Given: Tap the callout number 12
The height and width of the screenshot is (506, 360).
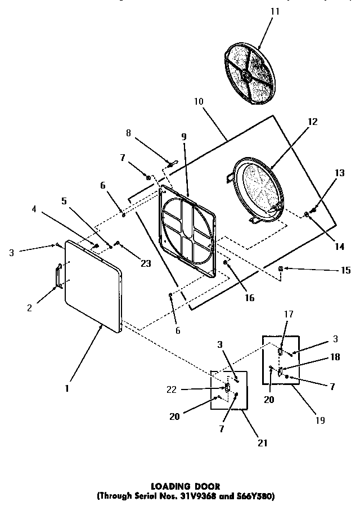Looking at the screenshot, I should [x=312, y=120].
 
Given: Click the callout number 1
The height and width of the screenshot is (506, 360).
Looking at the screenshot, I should [x=66, y=388].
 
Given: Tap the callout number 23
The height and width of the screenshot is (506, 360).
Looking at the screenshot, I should [x=146, y=262].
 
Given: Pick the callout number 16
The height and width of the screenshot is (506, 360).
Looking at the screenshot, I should [x=248, y=298].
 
